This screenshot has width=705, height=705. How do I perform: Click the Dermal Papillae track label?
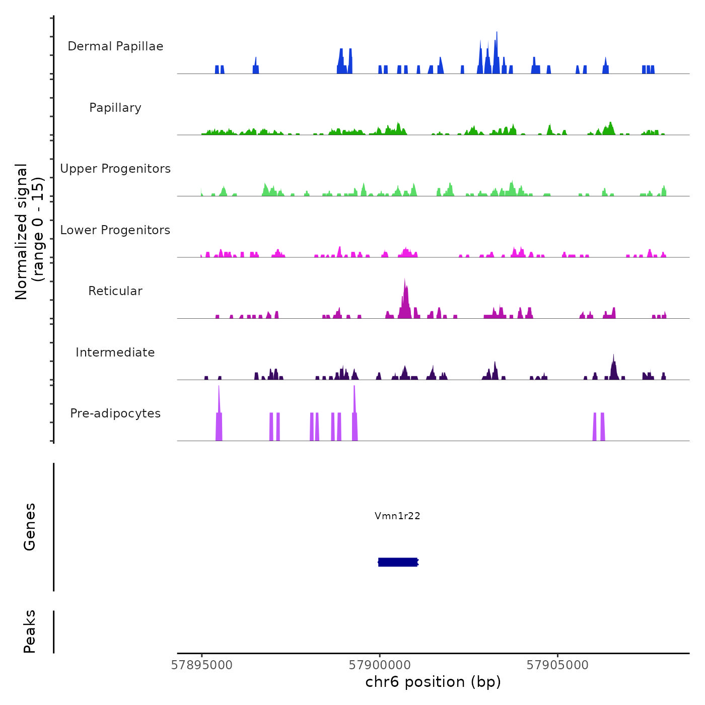(x=115, y=46)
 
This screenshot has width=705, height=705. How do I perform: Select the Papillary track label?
(x=115, y=108)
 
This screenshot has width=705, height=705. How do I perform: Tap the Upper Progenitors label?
(x=115, y=169)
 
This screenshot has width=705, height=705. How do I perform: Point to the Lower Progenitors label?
(x=115, y=230)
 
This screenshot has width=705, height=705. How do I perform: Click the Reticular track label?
(x=115, y=291)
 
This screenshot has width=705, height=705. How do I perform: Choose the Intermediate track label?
(x=115, y=352)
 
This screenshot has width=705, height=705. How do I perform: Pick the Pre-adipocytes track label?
(x=115, y=413)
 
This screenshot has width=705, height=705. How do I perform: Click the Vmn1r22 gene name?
(x=397, y=516)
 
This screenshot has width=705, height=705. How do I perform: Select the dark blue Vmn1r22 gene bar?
(x=398, y=562)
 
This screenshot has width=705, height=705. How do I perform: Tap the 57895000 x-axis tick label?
(x=202, y=665)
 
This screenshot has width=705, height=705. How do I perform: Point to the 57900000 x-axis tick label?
(x=380, y=665)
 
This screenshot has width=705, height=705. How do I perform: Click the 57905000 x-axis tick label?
(x=557, y=665)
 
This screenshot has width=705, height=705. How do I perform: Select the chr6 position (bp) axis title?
(x=433, y=682)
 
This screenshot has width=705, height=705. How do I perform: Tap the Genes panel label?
(x=30, y=527)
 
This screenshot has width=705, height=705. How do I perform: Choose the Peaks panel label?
(x=30, y=631)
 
